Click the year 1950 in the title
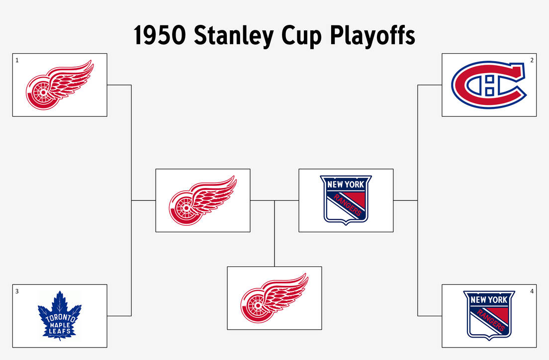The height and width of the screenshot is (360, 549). (x=160, y=36)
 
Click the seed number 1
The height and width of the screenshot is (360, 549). (x=17, y=60)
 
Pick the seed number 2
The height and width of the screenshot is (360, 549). (x=532, y=60)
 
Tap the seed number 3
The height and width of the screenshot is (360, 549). (x=17, y=291)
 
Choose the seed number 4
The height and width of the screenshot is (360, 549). (x=532, y=291)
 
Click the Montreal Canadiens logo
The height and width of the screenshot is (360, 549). (x=489, y=85)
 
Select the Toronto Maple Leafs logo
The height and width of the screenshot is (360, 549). (x=59, y=316)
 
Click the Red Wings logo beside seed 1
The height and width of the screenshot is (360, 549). (x=60, y=85)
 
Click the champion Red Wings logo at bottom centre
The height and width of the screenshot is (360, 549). (x=274, y=298)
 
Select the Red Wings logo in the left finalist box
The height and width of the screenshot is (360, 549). (x=203, y=200)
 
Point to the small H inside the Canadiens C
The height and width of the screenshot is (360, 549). (x=489, y=85)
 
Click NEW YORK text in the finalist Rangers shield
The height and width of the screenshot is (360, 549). (x=346, y=184)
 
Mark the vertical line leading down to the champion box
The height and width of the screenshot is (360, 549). (x=274, y=234)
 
